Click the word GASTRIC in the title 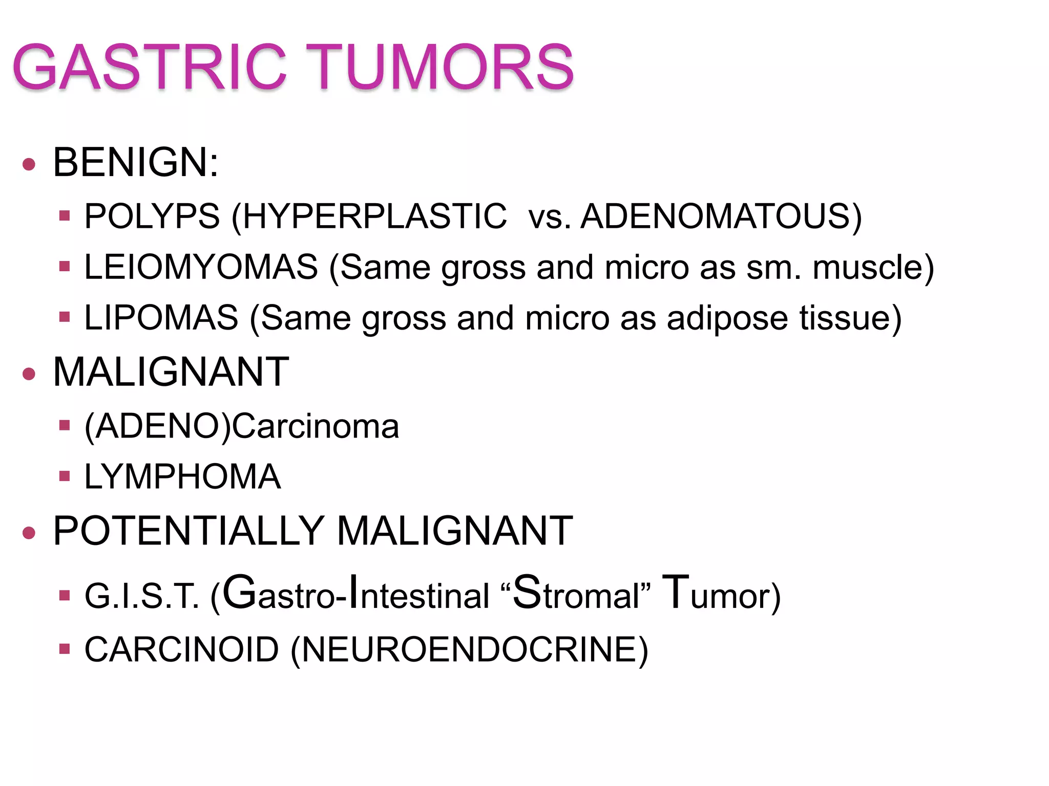tap(149, 67)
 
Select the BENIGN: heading tap(136, 163)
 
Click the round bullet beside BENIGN tap(29, 164)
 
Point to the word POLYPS tap(152, 216)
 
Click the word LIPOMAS tap(161, 318)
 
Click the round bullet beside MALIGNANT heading tap(29, 374)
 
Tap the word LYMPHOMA tap(182, 477)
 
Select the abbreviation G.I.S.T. tap(141, 596)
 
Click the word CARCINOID tap(182, 650)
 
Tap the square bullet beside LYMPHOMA tap(64, 476)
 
